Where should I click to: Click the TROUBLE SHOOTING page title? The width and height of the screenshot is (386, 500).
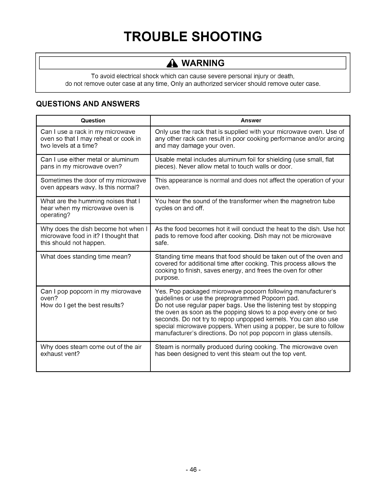(193, 36)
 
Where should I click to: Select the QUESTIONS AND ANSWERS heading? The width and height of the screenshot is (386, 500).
(88, 104)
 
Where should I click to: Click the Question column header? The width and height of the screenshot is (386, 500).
(93, 121)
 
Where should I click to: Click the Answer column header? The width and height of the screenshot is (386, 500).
(251, 121)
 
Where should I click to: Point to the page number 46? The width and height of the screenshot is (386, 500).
(193, 470)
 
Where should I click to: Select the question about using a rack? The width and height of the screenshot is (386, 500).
(91, 139)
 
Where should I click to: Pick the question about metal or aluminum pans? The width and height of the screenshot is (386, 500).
(90, 163)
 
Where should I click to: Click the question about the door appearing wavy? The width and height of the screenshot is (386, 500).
(93, 184)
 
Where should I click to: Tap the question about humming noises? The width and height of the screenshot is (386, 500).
(90, 208)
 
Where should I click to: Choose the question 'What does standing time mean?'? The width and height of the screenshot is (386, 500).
(85, 256)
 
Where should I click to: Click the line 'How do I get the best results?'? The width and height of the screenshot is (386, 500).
(82, 305)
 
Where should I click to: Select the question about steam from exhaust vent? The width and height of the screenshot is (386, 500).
(91, 350)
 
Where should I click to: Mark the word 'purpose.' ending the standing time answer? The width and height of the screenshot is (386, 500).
(167, 278)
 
